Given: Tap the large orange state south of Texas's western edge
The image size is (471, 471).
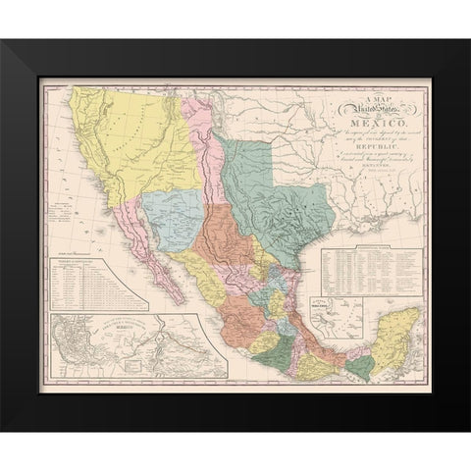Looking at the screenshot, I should pos(231,250).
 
